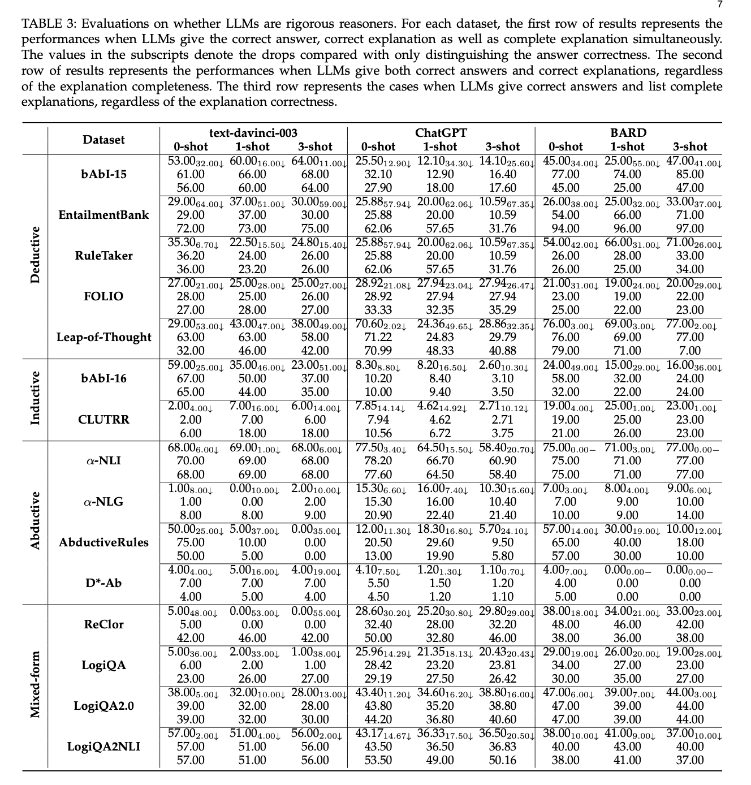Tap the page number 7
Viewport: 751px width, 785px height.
click(x=719, y=5)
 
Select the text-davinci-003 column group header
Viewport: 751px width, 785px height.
click(x=253, y=133)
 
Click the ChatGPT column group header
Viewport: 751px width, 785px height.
click(x=441, y=133)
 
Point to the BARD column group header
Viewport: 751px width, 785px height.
click(x=628, y=133)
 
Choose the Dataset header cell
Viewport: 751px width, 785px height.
click(x=103, y=140)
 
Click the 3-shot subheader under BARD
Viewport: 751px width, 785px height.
click(x=690, y=146)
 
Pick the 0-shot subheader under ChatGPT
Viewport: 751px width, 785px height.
click(x=378, y=146)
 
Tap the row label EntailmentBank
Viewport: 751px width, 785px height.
click(x=103, y=215)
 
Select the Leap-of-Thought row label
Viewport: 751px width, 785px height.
click(x=103, y=337)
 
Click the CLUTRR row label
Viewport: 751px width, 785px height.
click(x=103, y=420)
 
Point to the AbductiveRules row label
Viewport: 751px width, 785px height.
click(x=103, y=542)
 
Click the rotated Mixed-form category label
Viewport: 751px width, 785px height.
click(x=35, y=684)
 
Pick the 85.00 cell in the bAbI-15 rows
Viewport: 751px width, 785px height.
click(x=690, y=174)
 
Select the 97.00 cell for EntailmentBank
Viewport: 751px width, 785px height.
click(x=690, y=228)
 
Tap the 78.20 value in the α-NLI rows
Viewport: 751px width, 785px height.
click(x=378, y=461)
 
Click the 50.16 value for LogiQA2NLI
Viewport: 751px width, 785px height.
click(x=502, y=760)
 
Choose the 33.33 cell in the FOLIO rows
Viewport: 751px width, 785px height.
click(x=378, y=310)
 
